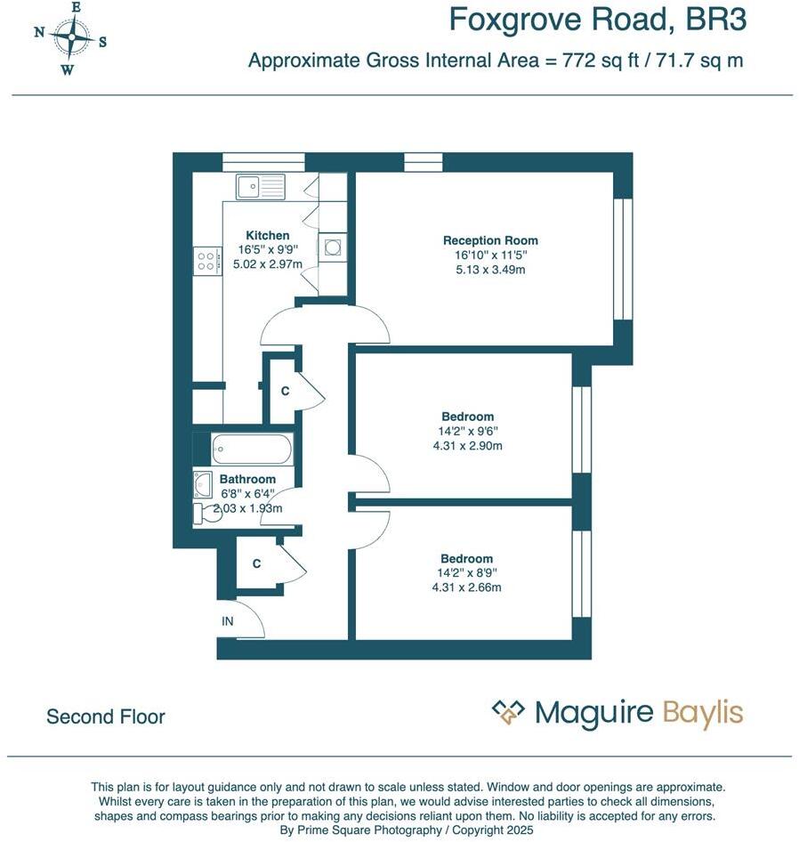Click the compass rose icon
(x=69, y=38)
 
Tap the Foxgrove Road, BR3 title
(x=597, y=20)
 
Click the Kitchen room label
(x=268, y=236)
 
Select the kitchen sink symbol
(x=260, y=187)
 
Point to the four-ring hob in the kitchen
(x=206, y=261)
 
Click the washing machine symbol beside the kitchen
(x=333, y=247)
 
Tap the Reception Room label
(x=490, y=240)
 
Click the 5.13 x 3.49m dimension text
(x=490, y=270)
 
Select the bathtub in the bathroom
(x=252, y=449)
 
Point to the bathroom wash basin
(x=202, y=483)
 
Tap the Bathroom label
(x=247, y=479)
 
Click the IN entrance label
(x=228, y=621)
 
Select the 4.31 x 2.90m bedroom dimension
(x=467, y=446)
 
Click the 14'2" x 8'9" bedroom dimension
(x=467, y=573)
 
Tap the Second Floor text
(x=106, y=717)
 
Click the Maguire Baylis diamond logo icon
(x=509, y=712)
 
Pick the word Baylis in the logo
(x=702, y=714)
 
